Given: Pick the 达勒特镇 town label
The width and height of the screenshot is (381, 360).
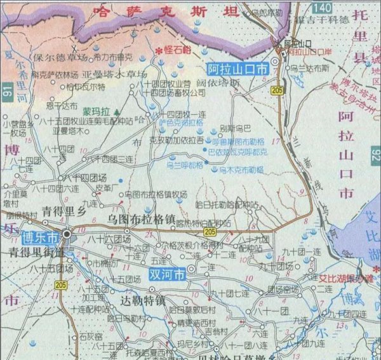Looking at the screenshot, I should (143, 300).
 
